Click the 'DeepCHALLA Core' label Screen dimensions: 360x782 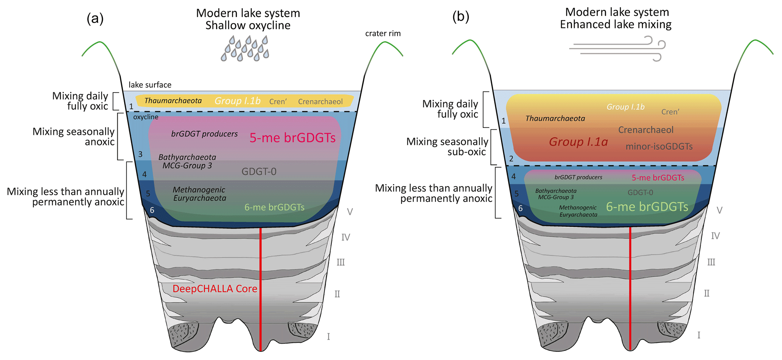(215, 289)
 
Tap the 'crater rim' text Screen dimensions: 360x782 (382, 34)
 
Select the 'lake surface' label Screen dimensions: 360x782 (150, 85)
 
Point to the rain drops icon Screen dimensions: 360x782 (245, 48)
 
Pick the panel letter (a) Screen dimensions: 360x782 (95, 18)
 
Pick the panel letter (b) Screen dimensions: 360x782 (461, 17)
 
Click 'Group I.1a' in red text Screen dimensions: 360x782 (578, 142)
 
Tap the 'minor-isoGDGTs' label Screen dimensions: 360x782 (659, 146)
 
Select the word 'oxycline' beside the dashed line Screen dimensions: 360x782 (146, 117)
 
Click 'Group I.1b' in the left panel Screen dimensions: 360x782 (238, 101)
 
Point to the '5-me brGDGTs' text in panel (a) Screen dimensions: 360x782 (292, 138)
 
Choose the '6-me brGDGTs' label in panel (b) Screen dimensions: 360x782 (647, 207)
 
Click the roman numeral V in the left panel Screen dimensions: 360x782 (350, 212)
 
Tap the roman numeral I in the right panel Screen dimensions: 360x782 (699, 335)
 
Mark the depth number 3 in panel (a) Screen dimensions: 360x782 (140, 154)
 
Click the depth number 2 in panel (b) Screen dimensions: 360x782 (511, 158)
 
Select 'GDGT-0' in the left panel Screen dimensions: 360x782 (259, 172)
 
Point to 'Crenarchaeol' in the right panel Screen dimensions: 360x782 (645, 130)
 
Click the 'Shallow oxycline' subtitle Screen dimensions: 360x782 (248, 25)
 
